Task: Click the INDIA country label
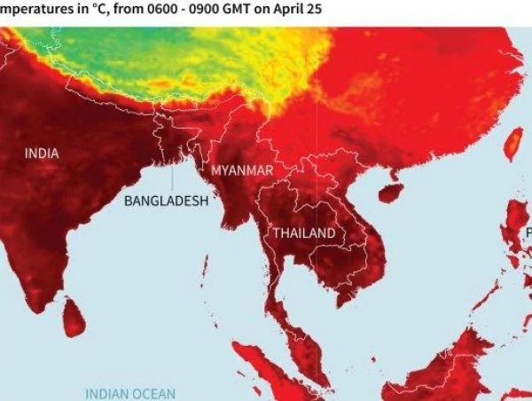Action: click(42, 153)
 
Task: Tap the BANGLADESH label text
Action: click(166, 200)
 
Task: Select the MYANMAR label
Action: click(242, 170)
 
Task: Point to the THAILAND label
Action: click(304, 233)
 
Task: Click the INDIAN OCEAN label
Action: click(130, 393)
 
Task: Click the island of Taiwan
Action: click(512, 145)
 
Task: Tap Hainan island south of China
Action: click(390, 192)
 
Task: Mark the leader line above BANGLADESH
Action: click(172, 183)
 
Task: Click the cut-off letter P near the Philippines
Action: click(528, 233)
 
